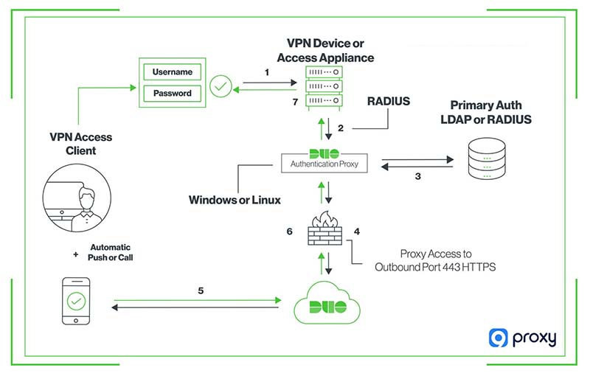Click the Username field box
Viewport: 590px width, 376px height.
coord(173,72)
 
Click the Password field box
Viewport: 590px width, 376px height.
coord(173,94)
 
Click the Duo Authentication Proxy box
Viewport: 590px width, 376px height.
coord(327,160)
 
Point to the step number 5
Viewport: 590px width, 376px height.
coord(200,290)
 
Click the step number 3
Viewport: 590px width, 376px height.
coord(418,177)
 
